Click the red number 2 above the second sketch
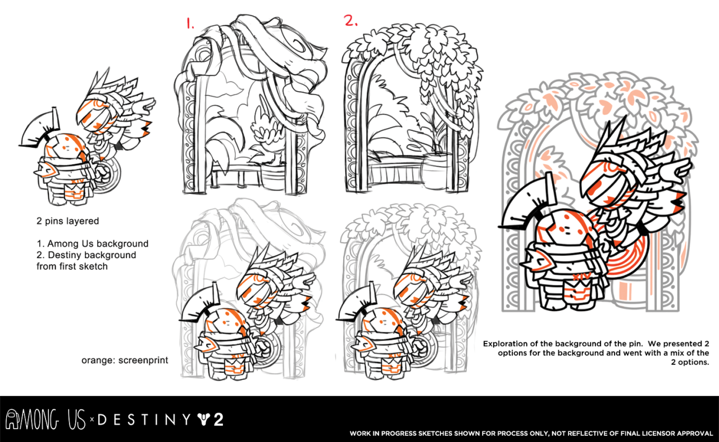point(351,21)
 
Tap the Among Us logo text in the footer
point(45,420)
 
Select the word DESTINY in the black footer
point(143,420)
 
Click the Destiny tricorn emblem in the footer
point(203,420)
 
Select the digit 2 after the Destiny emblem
point(217,420)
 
